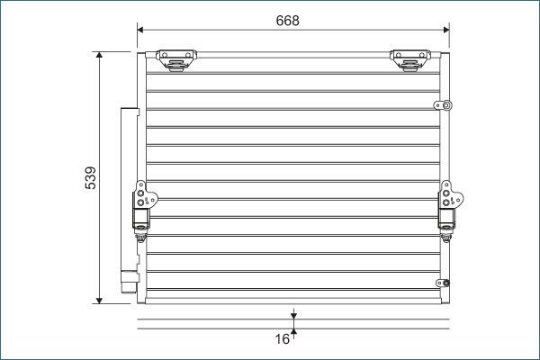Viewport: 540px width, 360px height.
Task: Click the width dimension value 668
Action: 287,20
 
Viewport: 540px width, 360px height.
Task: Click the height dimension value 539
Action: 90,178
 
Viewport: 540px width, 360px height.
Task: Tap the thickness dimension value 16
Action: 282,339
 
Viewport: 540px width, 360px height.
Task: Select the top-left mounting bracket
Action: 175,59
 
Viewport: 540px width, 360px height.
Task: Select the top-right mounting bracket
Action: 409,59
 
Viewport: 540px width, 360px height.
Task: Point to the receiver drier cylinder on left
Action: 128,202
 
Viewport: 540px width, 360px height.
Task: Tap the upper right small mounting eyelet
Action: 443,105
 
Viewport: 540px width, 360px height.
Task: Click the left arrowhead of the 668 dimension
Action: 141,30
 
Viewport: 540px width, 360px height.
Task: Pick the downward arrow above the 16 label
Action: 293,315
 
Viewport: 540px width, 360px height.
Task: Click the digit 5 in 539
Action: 90,187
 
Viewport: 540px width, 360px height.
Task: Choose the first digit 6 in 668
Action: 279,20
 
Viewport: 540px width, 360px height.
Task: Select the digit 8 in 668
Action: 295,20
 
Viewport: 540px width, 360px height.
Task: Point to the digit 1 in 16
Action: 277,339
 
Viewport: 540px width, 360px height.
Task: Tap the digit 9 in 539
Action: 90,169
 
